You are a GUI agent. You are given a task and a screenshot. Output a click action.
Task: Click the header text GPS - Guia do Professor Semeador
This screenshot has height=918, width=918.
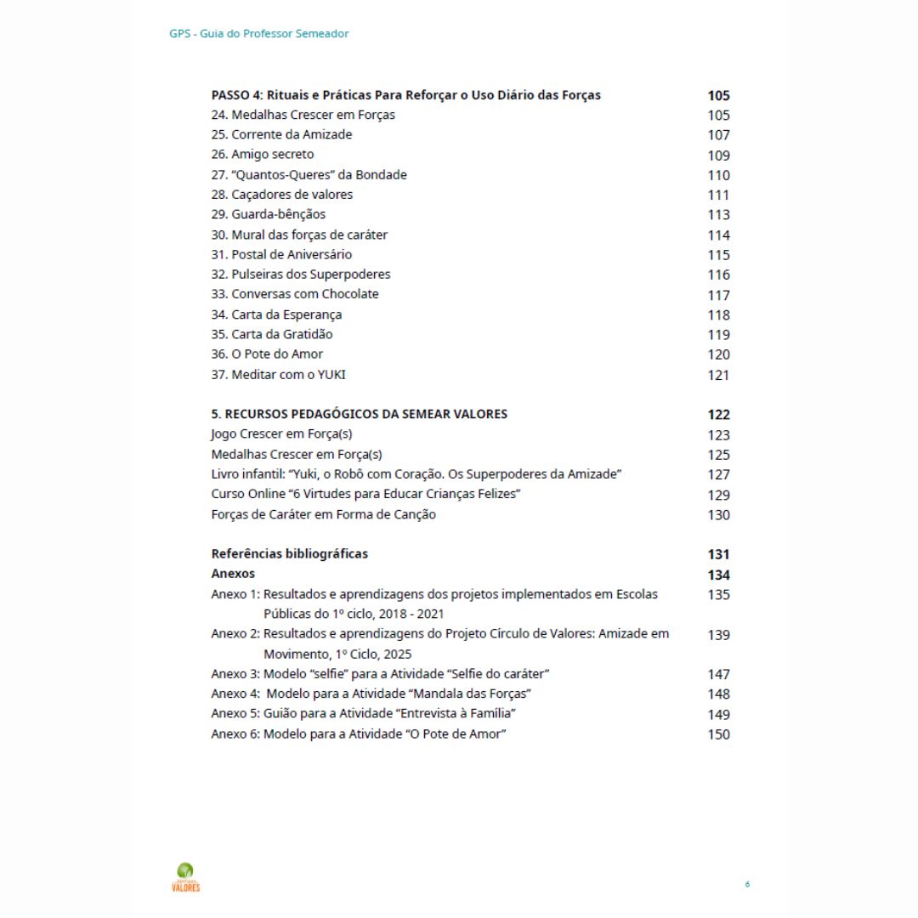click(258, 34)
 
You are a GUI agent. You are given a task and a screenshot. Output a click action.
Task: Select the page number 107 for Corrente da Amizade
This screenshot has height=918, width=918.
click(718, 135)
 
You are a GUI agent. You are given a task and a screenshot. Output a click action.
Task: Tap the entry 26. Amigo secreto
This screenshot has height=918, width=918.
click(263, 155)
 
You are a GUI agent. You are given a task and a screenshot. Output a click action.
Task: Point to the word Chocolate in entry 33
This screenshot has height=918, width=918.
click(349, 294)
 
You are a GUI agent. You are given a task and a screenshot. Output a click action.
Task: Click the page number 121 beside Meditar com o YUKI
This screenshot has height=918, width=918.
click(718, 376)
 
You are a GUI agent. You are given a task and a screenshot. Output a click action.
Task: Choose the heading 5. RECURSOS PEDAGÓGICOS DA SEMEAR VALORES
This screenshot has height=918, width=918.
click(359, 414)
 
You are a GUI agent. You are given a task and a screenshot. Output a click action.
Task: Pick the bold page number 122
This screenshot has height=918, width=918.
click(718, 415)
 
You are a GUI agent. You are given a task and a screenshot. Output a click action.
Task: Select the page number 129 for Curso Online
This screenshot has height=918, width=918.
click(718, 495)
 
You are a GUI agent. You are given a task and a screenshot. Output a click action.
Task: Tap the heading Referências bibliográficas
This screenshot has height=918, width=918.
click(289, 553)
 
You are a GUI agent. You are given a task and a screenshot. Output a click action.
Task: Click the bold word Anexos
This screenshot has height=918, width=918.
click(233, 574)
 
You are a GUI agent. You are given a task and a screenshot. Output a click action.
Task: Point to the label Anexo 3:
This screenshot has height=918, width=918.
click(235, 674)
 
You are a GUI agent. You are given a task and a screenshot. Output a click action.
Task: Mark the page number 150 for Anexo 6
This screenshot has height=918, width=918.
click(718, 734)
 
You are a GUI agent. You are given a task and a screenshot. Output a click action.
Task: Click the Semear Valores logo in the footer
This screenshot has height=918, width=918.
click(185, 877)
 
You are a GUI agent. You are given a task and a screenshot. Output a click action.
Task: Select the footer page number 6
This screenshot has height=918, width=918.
click(747, 885)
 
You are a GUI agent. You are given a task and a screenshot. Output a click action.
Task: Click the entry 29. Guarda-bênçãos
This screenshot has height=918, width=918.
click(268, 214)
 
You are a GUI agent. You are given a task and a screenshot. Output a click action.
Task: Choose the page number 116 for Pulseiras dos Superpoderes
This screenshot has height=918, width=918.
click(718, 275)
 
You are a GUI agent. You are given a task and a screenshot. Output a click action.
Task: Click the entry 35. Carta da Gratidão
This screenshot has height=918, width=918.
click(272, 334)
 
